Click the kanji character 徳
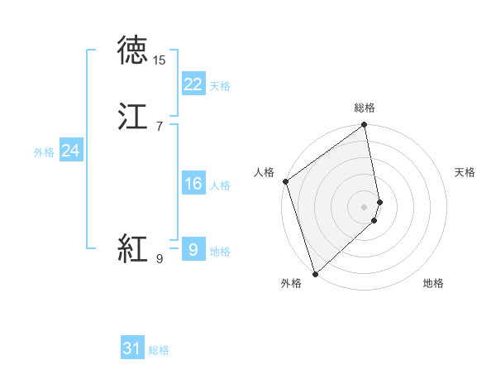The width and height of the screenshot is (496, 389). pyautogui.click(x=132, y=50)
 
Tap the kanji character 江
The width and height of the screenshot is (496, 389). pyautogui.click(x=132, y=116)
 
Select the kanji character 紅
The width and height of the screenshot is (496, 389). pyautogui.click(x=132, y=248)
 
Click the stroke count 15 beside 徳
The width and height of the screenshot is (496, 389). pyautogui.click(x=160, y=60)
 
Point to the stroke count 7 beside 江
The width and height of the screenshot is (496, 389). pyautogui.click(x=160, y=127)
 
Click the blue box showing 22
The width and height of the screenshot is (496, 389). pyautogui.click(x=193, y=84)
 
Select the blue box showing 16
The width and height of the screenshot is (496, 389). pyautogui.click(x=193, y=184)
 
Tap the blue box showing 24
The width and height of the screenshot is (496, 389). pyautogui.click(x=70, y=151)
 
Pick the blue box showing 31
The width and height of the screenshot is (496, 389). pyautogui.click(x=131, y=348)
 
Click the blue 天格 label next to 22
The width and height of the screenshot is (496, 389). pyautogui.click(x=220, y=85)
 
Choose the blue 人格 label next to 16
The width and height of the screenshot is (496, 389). pyautogui.click(x=220, y=185)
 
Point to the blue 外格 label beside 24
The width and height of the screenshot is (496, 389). pyautogui.click(x=44, y=152)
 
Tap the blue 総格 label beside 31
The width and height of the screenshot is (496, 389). pyautogui.click(x=159, y=350)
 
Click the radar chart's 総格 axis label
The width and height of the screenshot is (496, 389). pyautogui.click(x=365, y=108)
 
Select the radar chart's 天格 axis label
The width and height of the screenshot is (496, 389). pyautogui.click(x=465, y=172)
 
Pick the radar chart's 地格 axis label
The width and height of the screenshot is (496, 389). pyautogui.click(x=433, y=284)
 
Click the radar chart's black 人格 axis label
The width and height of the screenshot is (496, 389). pyautogui.click(x=264, y=172)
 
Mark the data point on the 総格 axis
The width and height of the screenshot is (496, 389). pyautogui.click(x=365, y=126)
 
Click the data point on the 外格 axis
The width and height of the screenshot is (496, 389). pyautogui.click(x=315, y=273)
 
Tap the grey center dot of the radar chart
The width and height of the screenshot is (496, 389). pyautogui.click(x=365, y=206)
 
